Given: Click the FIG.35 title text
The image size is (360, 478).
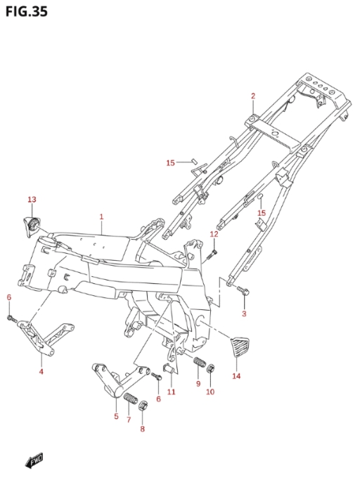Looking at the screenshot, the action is [27, 11].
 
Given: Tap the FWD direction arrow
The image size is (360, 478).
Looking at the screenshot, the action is [34, 460].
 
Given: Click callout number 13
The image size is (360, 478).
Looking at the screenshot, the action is [32, 200].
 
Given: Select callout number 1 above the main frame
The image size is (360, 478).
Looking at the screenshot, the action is [101, 217].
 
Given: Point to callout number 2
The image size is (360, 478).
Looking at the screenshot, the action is [253, 96].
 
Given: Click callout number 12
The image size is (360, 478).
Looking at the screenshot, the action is [214, 234].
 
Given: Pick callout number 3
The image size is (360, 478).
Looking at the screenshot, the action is [244, 314].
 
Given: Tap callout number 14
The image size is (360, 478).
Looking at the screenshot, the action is [236, 376].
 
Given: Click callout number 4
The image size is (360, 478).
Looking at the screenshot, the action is [41, 371].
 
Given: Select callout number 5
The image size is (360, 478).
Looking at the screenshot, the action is [116, 416].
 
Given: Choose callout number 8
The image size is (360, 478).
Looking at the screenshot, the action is [142, 429].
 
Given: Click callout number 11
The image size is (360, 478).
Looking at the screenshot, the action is [172, 392].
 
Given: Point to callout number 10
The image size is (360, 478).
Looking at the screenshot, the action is [210, 392].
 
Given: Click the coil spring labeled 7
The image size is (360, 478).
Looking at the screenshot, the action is [131, 399].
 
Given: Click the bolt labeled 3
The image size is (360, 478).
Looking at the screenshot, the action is [243, 290].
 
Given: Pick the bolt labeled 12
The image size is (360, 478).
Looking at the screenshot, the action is [212, 254].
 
